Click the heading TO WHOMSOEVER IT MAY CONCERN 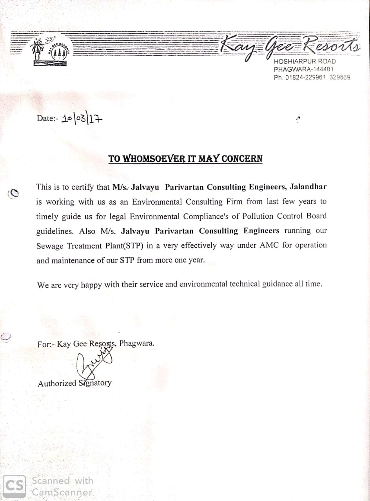click(185, 159)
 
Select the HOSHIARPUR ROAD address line click(305, 61)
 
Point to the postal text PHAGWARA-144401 click(304, 69)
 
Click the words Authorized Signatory click(74, 383)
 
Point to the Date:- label click(47, 118)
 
